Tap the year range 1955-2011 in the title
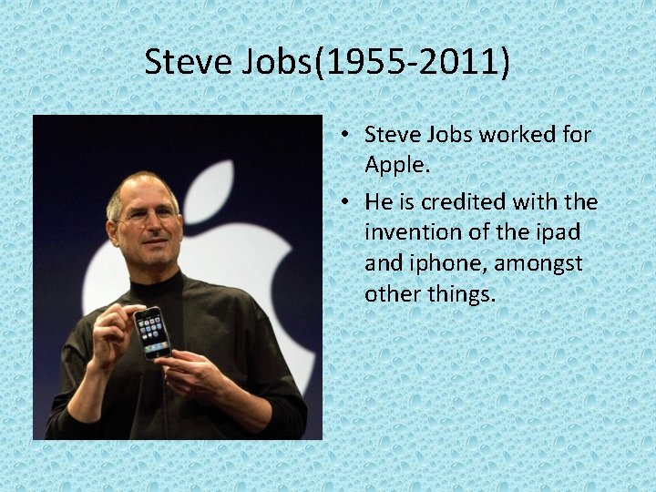(x=414, y=64)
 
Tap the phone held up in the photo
(x=153, y=332)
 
